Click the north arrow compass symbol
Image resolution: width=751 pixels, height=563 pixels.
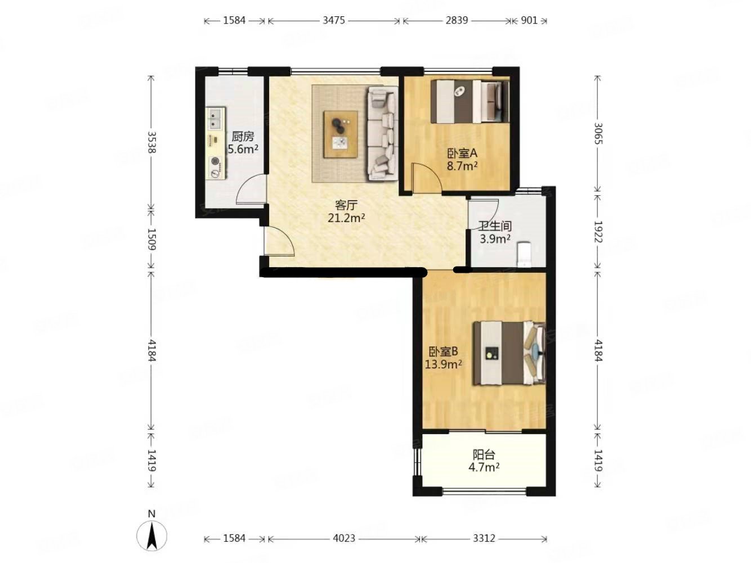[151, 534]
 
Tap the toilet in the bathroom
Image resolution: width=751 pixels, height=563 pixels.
[524, 255]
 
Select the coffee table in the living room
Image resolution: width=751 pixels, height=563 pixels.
[341, 134]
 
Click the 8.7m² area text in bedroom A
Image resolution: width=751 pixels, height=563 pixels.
[462, 166]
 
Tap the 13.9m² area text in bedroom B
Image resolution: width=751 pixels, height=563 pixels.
[444, 364]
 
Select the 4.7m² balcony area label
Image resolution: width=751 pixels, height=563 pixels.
[484, 467]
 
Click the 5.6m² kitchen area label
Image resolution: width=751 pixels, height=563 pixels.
[243, 149]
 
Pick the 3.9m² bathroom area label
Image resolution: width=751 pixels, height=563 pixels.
[495, 238]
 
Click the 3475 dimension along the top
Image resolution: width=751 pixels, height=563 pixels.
[334, 20]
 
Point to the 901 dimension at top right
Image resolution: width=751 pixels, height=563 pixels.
[529, 20]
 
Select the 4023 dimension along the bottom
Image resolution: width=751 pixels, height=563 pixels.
[344, 538]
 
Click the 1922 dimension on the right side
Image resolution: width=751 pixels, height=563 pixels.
[598, 231]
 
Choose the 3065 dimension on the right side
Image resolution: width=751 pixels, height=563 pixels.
[598, 133]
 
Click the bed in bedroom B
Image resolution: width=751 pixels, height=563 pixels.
[509, 353]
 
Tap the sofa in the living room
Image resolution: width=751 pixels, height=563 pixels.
[383, 133]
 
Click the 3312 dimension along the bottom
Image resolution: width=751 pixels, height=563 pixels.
[484, 538]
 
